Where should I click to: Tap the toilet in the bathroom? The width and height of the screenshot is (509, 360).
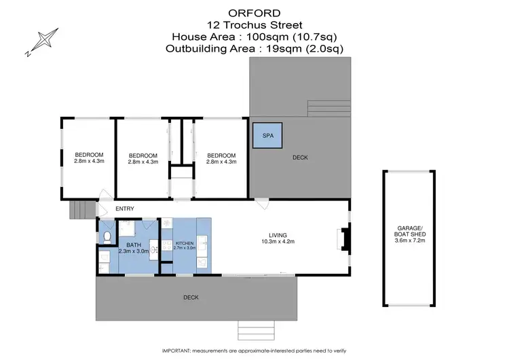(107, 236)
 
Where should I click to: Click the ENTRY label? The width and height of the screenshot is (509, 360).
(124, 209)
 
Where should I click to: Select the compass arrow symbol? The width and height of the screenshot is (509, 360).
(41, 42)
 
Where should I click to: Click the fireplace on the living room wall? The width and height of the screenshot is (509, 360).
(344, 240)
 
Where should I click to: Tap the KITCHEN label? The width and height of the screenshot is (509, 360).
(185, 242)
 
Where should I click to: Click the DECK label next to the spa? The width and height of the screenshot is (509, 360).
(300, 158)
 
